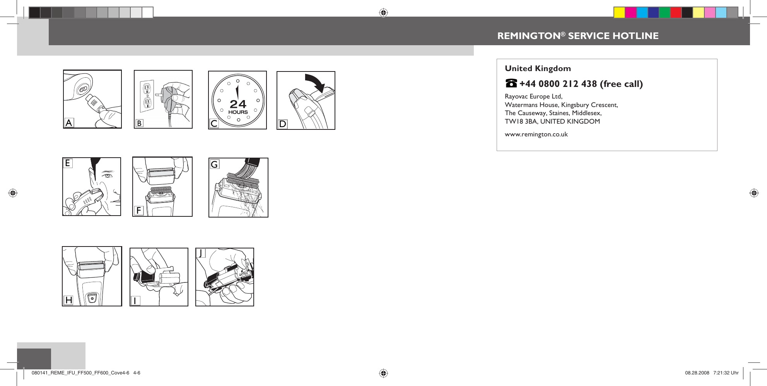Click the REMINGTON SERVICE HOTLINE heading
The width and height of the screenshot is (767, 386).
(x=577, y=36)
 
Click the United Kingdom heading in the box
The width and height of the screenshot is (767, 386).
(x=538, y=68)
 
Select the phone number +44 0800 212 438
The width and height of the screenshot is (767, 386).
(x=558, y=84)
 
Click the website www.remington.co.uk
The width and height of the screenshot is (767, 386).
(x=536, y=134)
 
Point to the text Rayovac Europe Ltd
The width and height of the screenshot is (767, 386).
(x=533, y=96)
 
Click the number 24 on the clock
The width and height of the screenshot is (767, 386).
(x=238, y=104)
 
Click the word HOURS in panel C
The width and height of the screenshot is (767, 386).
(x=238, y=112)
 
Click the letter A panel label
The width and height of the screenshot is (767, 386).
(x=69, y=123)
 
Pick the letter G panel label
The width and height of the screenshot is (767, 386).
(x=214, y=165)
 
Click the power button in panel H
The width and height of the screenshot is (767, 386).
(x=92, y=298)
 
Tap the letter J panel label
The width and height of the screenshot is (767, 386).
(x=201, y=253)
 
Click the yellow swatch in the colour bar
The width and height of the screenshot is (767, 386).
(x=619, y=13)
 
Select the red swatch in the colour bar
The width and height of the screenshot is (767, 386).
(x=676, y=13)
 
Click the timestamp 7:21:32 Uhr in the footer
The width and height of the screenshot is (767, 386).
(x=726, y=373)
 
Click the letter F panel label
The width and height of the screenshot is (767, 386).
(x=138, y=211)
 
